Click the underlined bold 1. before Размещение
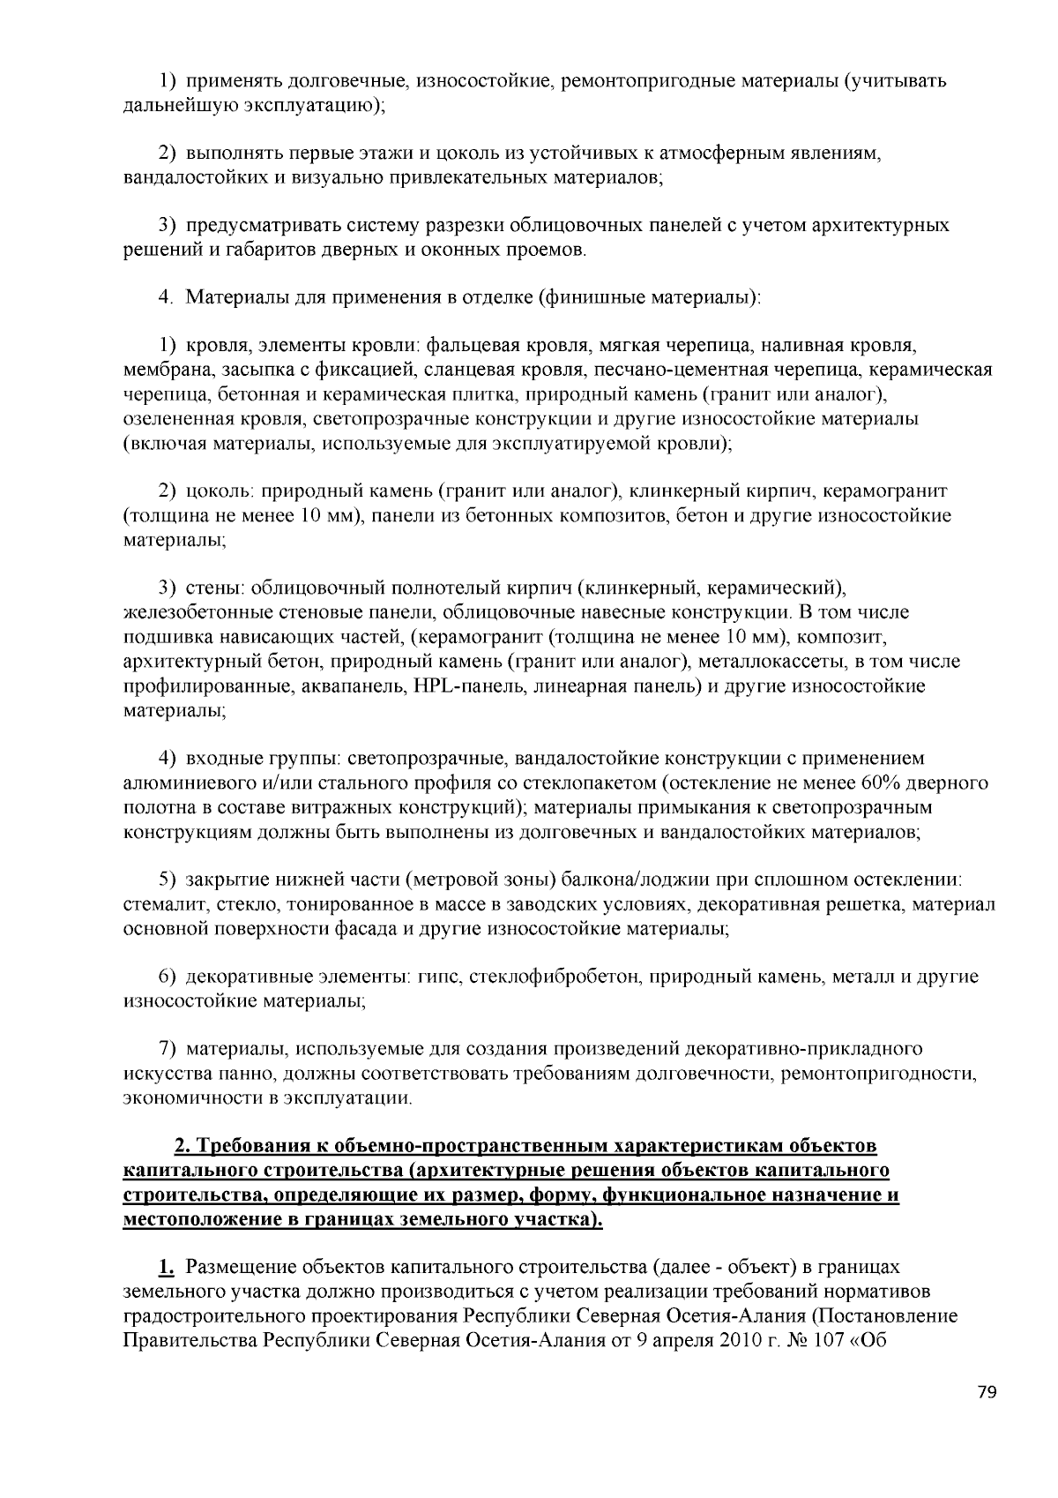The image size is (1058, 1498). click(166, 1267)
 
